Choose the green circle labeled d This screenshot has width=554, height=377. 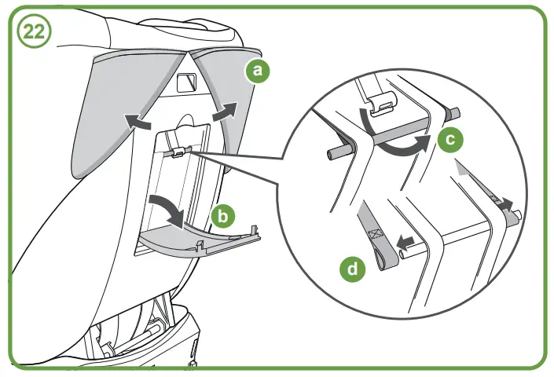click(x=354, y=269)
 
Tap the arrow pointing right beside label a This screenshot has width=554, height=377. click(x=225, y=110)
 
